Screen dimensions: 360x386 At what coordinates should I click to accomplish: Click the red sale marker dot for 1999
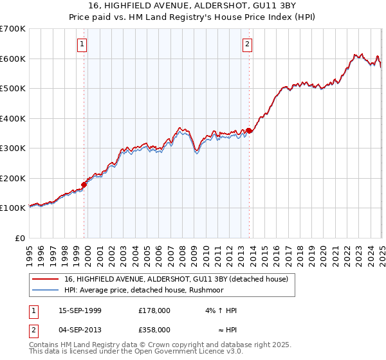(84, 184)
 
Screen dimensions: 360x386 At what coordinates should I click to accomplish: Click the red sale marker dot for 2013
(249, 131)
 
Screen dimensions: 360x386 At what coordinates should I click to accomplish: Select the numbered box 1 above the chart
(83, 44)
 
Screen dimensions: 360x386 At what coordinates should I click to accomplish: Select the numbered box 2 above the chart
(248, 44)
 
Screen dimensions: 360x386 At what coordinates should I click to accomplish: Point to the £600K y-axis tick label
(13, 59)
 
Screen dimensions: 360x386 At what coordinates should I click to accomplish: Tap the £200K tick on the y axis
(13, 178)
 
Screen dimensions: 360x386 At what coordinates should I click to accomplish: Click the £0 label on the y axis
(19, 238)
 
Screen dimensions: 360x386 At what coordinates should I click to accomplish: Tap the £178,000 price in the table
(154, 310)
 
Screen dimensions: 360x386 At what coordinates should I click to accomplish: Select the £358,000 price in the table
(154, 329)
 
